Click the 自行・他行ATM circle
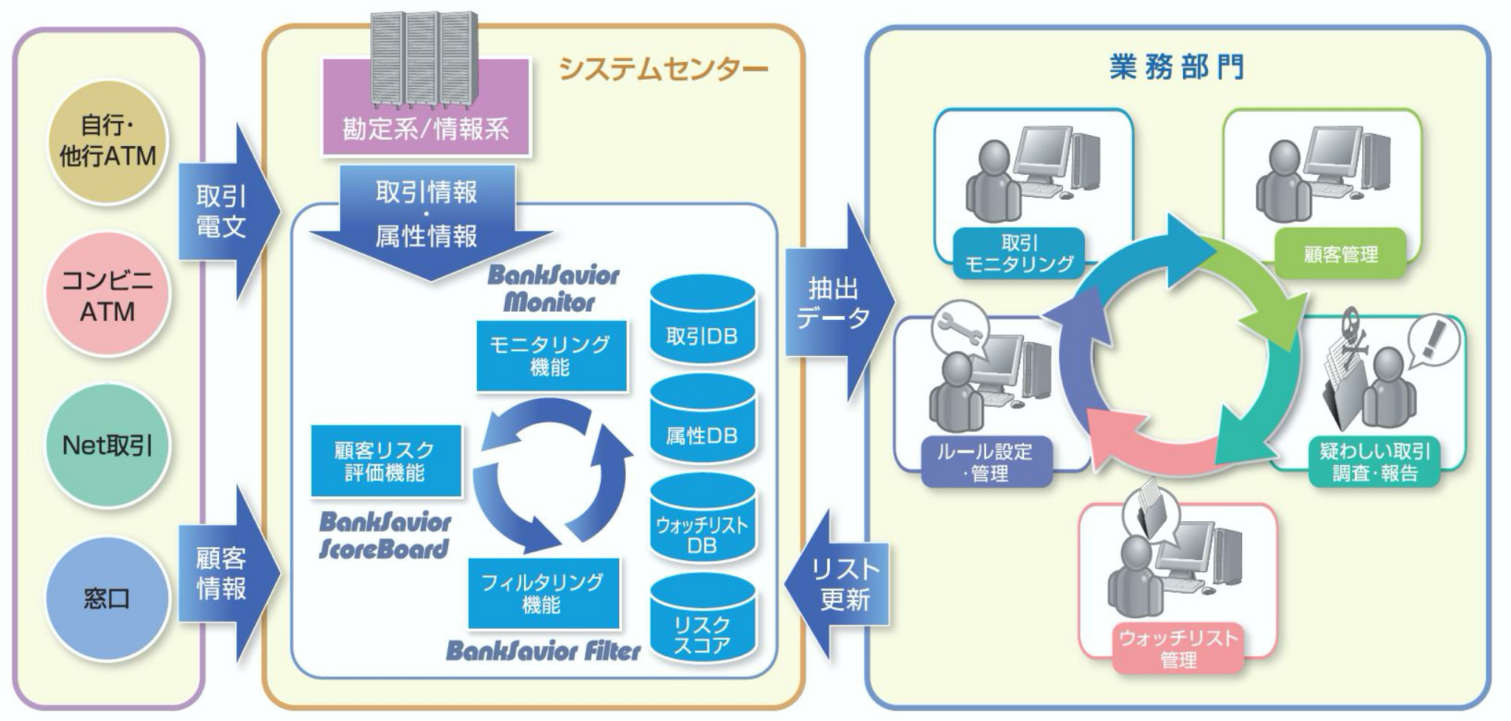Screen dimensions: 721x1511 click(x=107, y=141)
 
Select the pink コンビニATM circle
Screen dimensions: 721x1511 click(x=107, y=295)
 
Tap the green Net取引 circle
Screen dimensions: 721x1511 click(x=107, y=445)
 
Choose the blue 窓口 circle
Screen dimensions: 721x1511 click(x=107, y=597)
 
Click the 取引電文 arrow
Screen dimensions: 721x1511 click(x=225, y=212)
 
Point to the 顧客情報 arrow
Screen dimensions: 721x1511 click(x=225, y=573)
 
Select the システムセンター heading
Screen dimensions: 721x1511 click(x=663, y=69)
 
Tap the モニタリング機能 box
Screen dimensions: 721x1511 click(x=551, y=355)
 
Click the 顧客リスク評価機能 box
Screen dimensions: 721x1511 click(x=385, y=461)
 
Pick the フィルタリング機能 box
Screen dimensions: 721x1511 click(x=542, y=593)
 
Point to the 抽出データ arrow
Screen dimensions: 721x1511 click(x=837, y=303)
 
